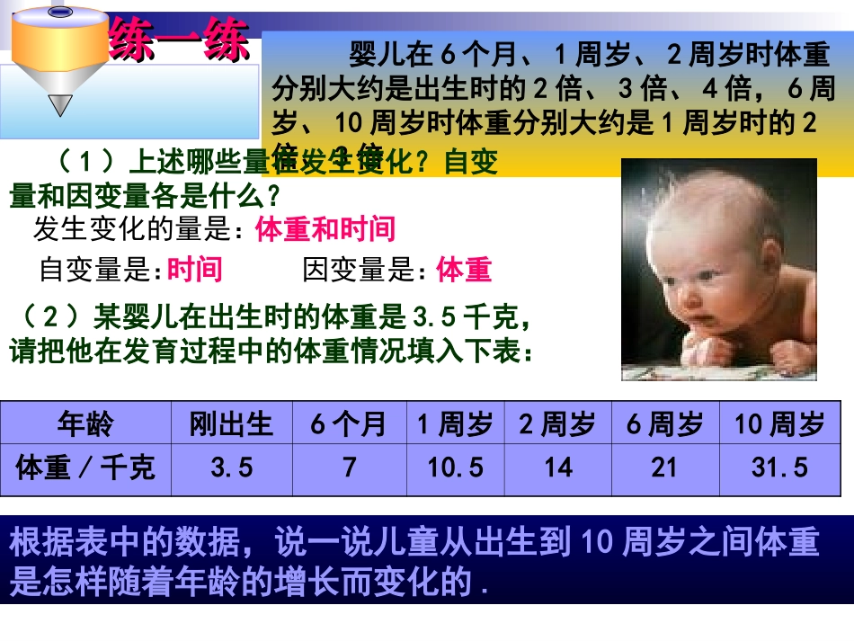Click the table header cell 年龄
tap(86, 423)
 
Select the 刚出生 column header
tap(231, 423)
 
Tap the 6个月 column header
tap(349, 423)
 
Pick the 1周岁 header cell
tap(456, 423)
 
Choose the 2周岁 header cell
tap(557, 423)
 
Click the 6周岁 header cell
tap(664, 423)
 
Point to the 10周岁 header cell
tap(779, 423)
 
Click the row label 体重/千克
tap(86, 467)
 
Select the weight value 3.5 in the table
tap(231, 467)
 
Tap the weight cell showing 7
tap(349, 467)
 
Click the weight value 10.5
tap(456, 467)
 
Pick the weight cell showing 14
tap(557, 467)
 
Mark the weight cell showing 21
tap(664, 467)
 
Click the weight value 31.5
tap(779, 467)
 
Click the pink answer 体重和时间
tap(325, 230)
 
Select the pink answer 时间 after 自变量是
tap(194, 270)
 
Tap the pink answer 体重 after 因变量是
tap(464, 270)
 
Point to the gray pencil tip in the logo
tap(60, 105)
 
